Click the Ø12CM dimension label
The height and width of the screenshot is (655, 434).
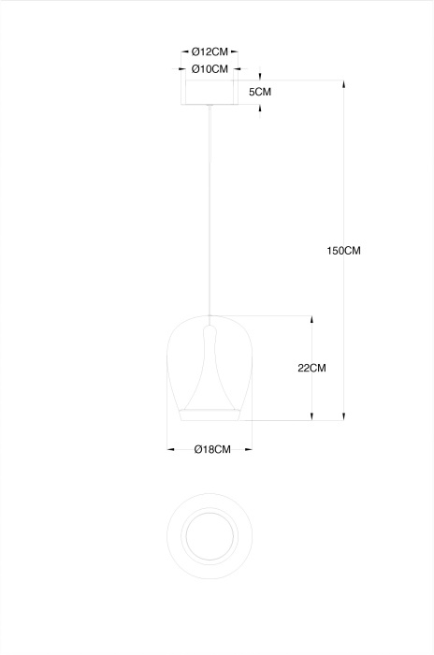coord(210,52)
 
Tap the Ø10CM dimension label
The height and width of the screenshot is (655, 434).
coord(210,69)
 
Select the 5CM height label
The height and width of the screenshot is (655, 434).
coord(260,92)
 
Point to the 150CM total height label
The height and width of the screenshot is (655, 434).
coord(343,251)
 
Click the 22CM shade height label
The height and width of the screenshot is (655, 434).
coord(311,368)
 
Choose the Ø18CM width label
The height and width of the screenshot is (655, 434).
coord(212,449)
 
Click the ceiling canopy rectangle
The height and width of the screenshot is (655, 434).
coord(210,92)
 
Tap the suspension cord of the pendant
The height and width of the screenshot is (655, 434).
coord(210,210)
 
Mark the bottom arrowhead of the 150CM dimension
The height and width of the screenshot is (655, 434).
coord(344,416)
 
